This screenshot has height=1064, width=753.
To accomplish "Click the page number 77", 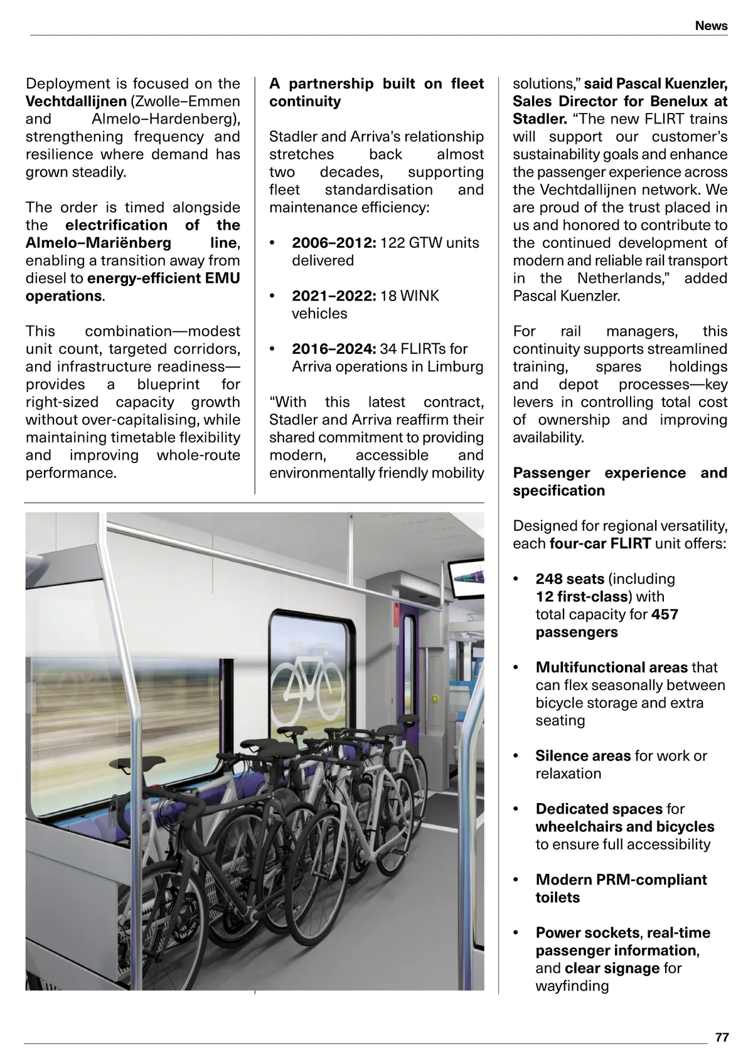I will pyautogui.click(x=722, y=1037).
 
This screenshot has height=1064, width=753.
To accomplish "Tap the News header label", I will pyautogui.click(x=711, y=26).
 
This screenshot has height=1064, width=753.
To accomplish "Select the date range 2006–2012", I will pyautogui.click(x=334, y=243).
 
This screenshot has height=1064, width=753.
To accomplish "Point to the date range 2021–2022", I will pyautogui.click(x=334, y=295).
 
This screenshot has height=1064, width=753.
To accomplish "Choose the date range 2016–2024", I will pyautogui.click(x=334, y=349).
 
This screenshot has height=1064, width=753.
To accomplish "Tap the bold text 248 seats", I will pyautogui.click(x=570, y=579).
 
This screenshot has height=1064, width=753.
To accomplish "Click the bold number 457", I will pyautogui.click(x=665, y=614).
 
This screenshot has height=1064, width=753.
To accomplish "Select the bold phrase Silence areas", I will pyautogui.click(x=583, y=756).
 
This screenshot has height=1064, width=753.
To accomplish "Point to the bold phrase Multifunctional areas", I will pyautogui.click(x=611, y=668).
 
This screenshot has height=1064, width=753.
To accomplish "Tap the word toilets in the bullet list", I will pyautogui.click(x=558, y=897).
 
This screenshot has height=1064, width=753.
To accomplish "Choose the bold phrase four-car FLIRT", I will pyautogui.click(x=600, y=543).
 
